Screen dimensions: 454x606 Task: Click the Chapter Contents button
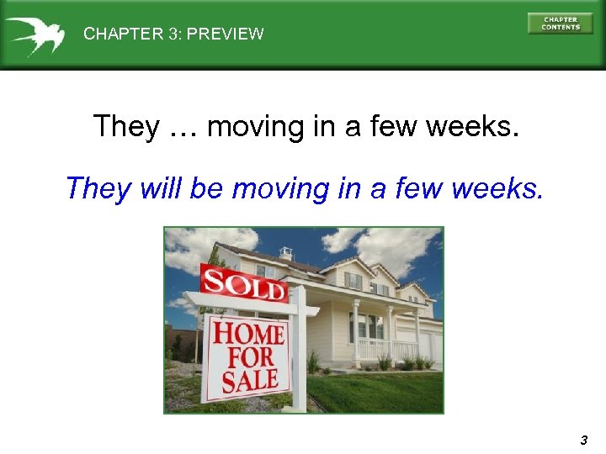point(560,24)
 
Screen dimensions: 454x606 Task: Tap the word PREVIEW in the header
point(225,34)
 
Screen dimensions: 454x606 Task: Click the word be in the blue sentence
point(205,188)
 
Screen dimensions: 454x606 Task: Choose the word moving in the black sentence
point(256,127)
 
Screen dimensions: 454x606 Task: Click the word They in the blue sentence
point(98,188)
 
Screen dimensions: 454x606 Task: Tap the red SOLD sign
point(243,284)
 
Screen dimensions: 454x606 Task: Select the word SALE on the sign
point(249,381)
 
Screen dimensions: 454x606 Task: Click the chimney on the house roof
point(286,252)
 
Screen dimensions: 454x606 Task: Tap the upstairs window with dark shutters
point(353,281)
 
